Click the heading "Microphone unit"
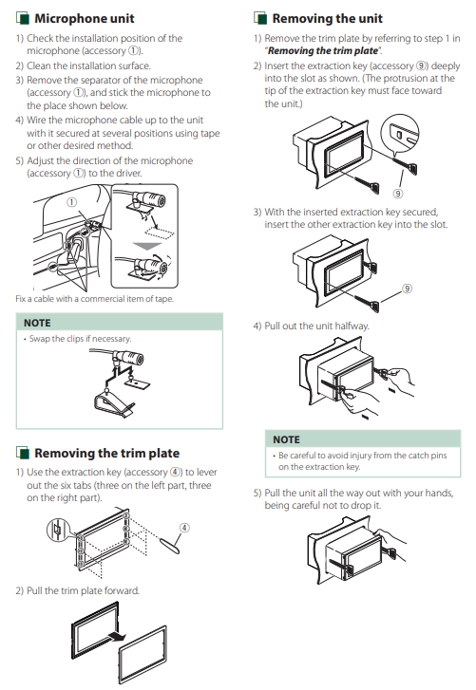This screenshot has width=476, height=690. (85, 18)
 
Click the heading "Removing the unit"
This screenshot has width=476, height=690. (327, 18)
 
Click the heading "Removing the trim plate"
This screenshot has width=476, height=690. (107, 453)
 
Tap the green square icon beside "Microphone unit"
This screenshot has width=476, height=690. (23, 18)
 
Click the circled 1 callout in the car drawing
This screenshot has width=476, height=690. (71, 202)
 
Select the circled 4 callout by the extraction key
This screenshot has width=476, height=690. (184, 528)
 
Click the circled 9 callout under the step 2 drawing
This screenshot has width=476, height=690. (398, 194)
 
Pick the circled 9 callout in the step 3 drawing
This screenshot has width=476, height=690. (408, 289)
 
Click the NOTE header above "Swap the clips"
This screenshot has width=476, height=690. (37, 323)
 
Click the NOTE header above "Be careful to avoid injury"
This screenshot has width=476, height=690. (286, 439)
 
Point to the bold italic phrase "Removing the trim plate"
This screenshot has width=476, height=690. (323, 51)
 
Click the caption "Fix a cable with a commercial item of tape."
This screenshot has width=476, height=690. (95, 299)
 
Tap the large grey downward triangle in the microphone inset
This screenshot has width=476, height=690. (147, 246)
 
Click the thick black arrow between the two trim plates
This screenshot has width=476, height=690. (115, 636)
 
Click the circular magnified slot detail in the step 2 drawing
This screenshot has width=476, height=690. (400, 133)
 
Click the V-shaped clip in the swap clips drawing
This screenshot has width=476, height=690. (112, 402)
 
